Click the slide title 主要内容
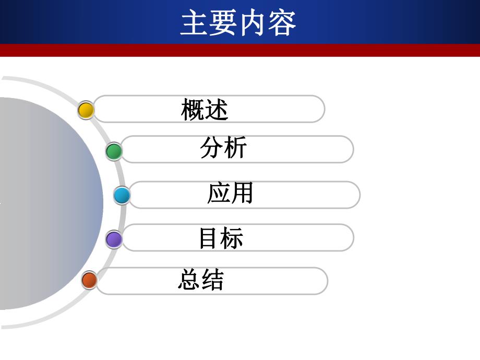(x=238, y=23)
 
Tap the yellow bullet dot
(x=86, y=110)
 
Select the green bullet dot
(x=114, y=151)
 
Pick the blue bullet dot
(x=122, y=196)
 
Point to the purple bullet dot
(x=114, y=239)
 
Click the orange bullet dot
(x=89, y=280)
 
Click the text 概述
(x=205, y=110)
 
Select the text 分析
(x=223, y=148)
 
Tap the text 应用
(x=230, y=193)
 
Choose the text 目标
(x=221, y=238)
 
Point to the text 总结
(x=201, y=280)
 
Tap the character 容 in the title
(x=282, y=23)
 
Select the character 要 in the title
(x=224, y=23)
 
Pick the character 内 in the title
(x=253, y=23)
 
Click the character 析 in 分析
(x=235, y=148)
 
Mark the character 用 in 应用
(x=242, y=193)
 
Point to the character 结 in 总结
(x=212, y=280)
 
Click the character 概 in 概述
(x=193, y=110)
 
